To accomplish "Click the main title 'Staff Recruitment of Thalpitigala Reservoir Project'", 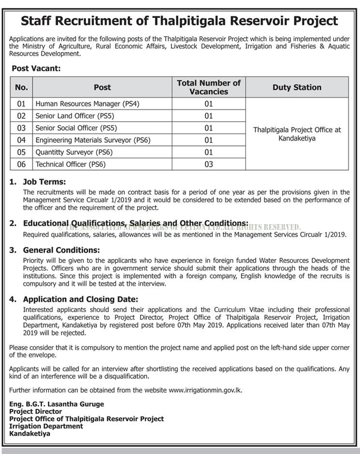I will (180, 21).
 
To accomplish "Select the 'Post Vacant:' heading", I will (36, 69).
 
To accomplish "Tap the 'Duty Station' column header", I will (297, 87).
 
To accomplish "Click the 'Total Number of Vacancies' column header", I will (209, 87).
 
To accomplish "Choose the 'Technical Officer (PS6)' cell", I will (71, 164).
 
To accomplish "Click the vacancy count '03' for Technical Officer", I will (209, 164).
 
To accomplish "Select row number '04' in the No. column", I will (21, 140).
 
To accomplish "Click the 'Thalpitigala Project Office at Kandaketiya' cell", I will (297, 134).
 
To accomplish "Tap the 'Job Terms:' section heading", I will (44, 182).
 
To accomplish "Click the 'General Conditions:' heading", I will (61, 250).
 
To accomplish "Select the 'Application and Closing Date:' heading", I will (80, 299).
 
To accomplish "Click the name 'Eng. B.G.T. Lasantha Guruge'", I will (57, 404).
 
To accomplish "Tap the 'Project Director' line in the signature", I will (36, 411).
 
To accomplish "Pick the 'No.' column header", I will (21, 87).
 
